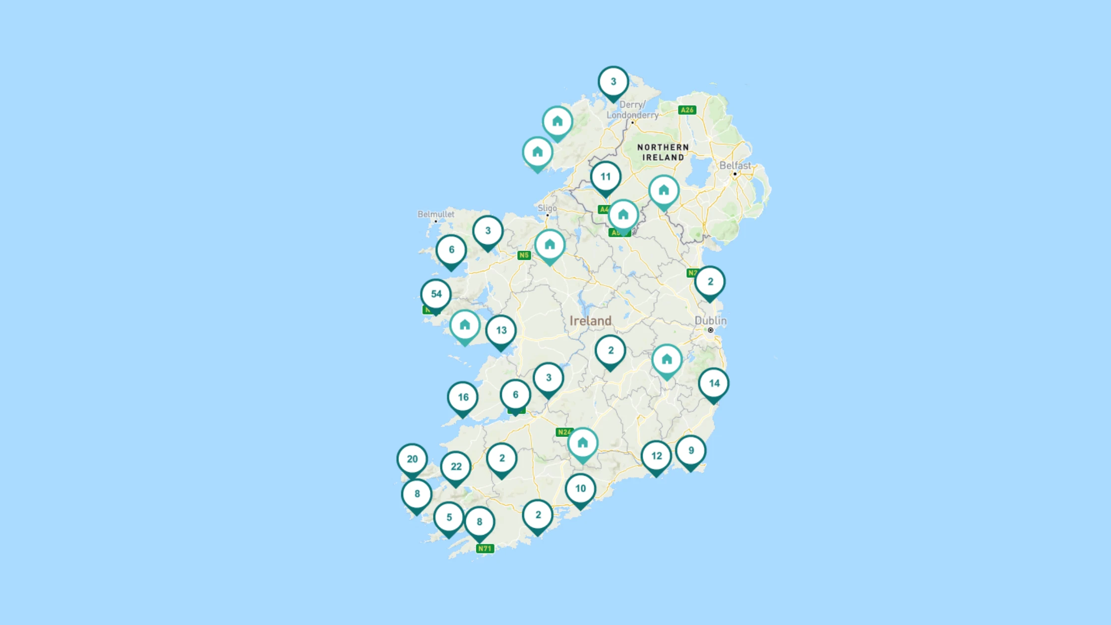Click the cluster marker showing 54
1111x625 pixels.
pos(436,294)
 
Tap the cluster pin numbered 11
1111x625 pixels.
pos(606,177)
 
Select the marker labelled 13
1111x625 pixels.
pos(501,331)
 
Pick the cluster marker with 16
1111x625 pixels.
pos(463,397)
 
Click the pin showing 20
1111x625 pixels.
pos(412,459)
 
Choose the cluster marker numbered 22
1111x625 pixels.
pos(456,467)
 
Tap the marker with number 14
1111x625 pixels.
pos(714,383)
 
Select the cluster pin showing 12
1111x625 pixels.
pos(656,456)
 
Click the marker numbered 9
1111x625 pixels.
pos(691,451)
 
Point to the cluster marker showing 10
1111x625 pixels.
pos(580,489)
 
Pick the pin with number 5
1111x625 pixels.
pos(449,518)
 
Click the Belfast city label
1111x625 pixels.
pos(735,166)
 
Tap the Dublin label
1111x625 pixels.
pos(710,321)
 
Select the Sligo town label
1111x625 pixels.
pos(547,208)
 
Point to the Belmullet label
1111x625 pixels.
pos(435,214)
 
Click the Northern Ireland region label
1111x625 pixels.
pos(663,152)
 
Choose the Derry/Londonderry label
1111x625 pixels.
pos(632,110)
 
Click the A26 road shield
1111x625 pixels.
pos(687,110)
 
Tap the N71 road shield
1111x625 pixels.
pos(485,549)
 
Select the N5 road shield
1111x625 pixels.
pos(524,255)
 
